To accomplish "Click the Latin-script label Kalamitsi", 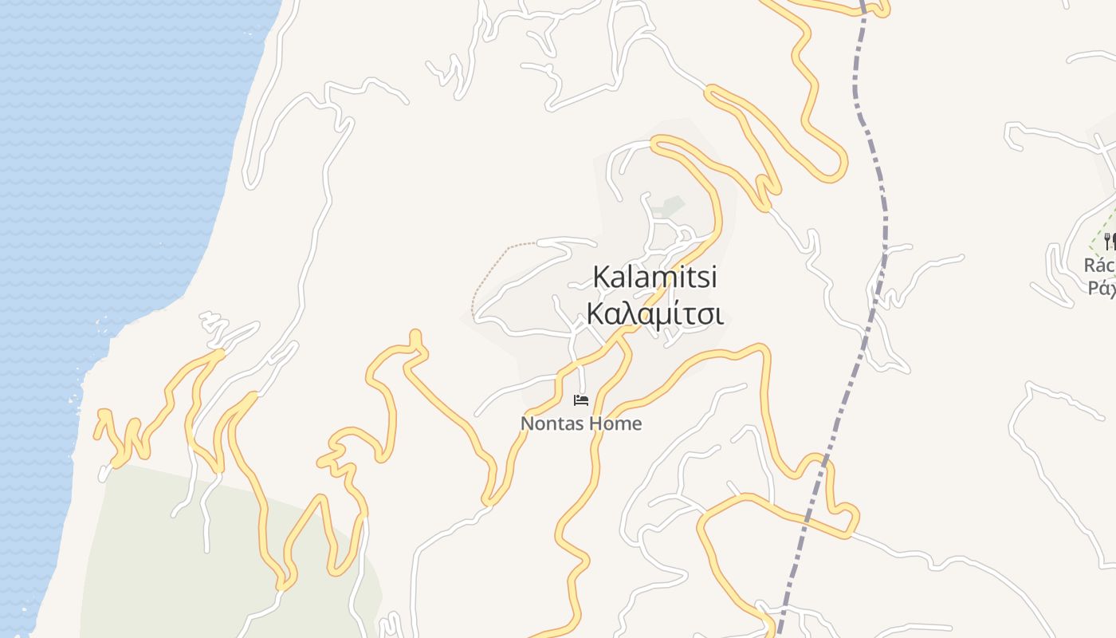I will click(654, 278).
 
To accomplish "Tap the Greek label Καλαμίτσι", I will click(654, 314).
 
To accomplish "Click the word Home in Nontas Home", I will click(616, 423).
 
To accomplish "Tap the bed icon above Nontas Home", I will click(581, 400).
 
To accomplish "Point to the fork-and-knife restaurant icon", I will click(1109, 240).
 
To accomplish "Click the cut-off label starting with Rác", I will click(1100, 265).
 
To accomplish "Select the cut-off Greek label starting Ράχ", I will click(1102, 287).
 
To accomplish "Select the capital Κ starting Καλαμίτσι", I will click(596, 314).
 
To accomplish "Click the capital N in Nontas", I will click(527, 423).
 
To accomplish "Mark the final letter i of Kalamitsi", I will click(713, 278).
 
